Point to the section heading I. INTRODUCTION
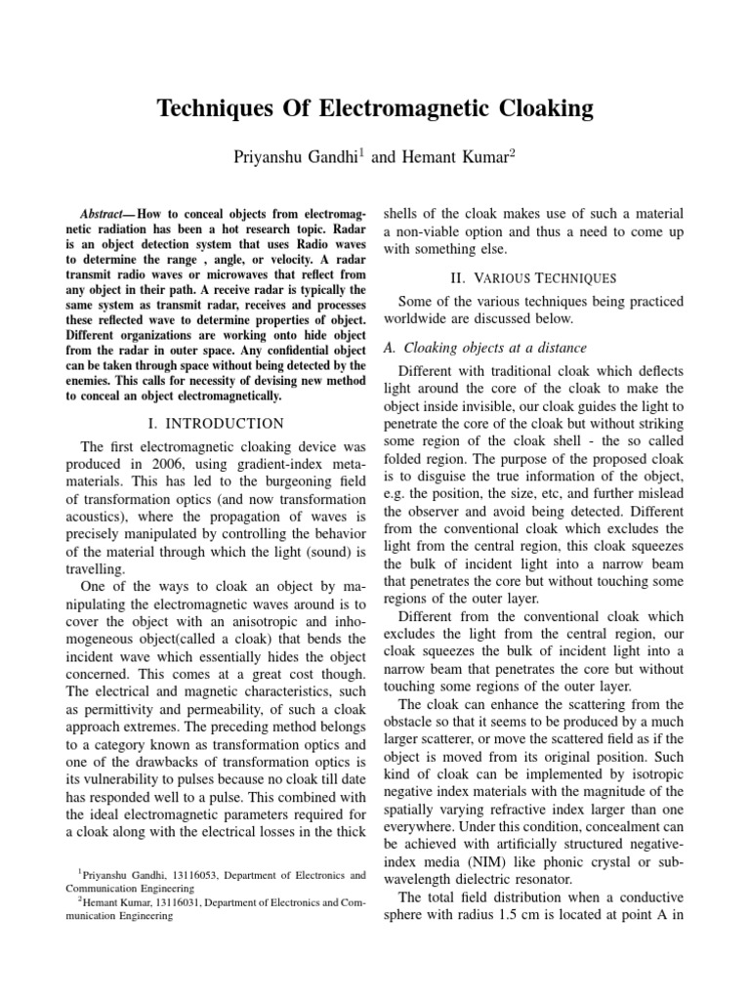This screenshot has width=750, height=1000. click(x=216, y=424)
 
